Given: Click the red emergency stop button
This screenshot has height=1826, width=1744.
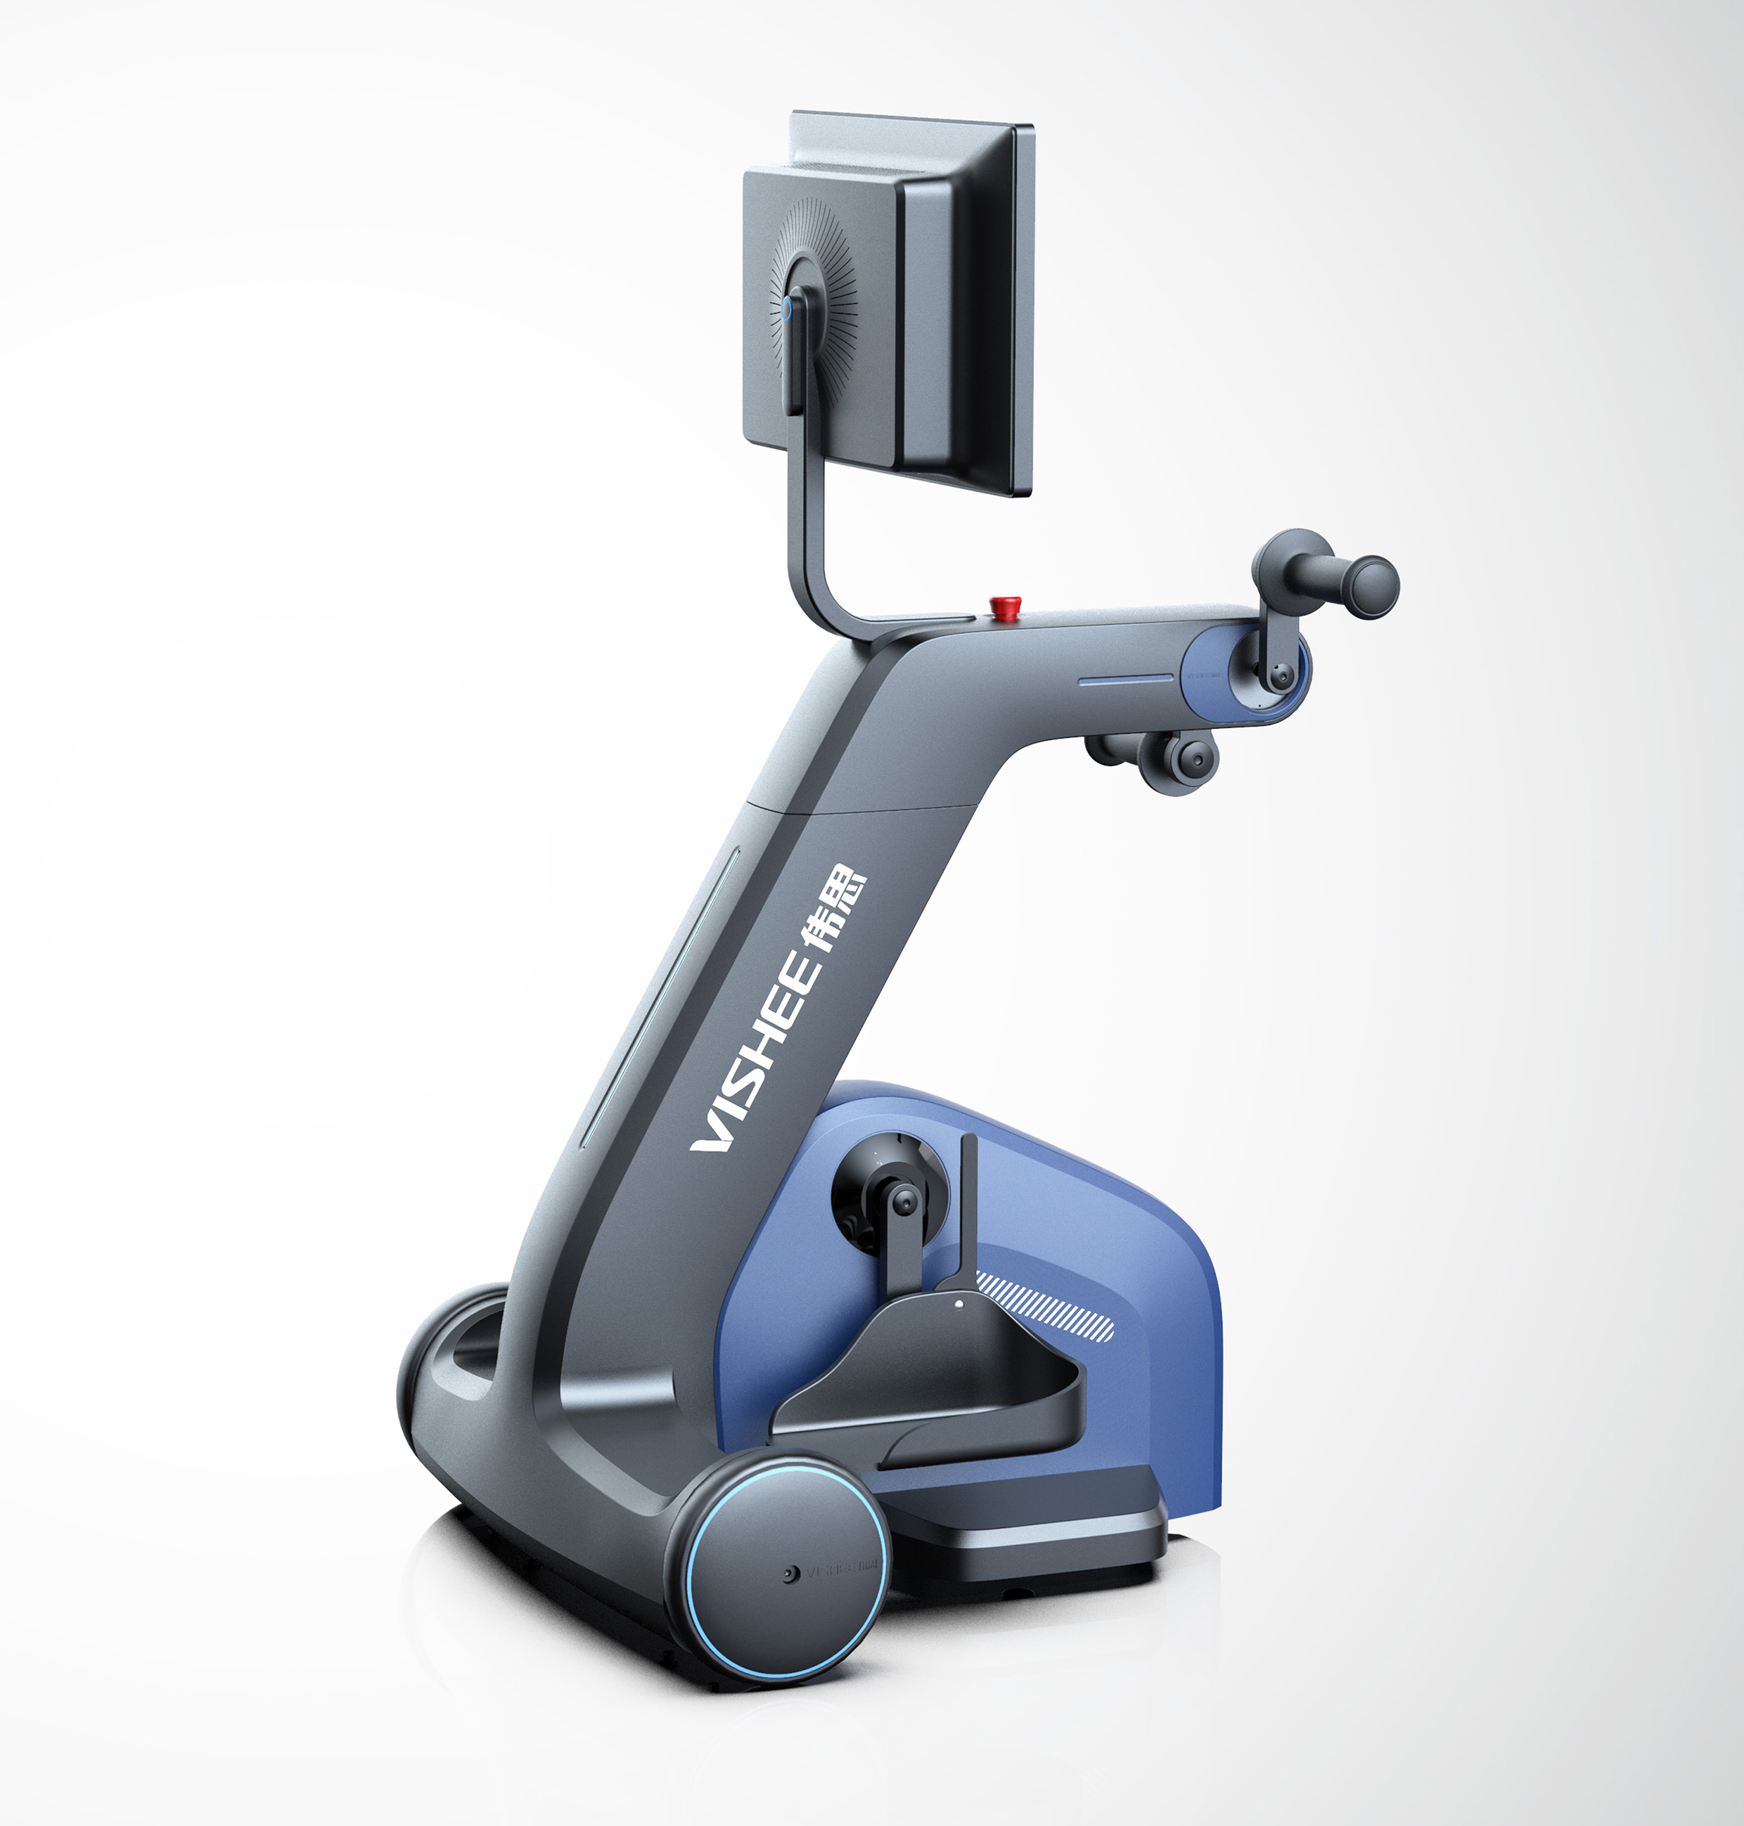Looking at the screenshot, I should pyautogui.click(x=1005, y=606).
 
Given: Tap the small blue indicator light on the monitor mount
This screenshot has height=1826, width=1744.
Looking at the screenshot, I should pyautogui.click(x=788, y=306).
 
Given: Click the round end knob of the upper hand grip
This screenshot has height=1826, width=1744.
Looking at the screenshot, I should pyautogui.click(x=1372, y=585).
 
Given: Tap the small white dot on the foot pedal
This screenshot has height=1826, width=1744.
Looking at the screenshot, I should pyautogui.click(x=958, y=1304).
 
